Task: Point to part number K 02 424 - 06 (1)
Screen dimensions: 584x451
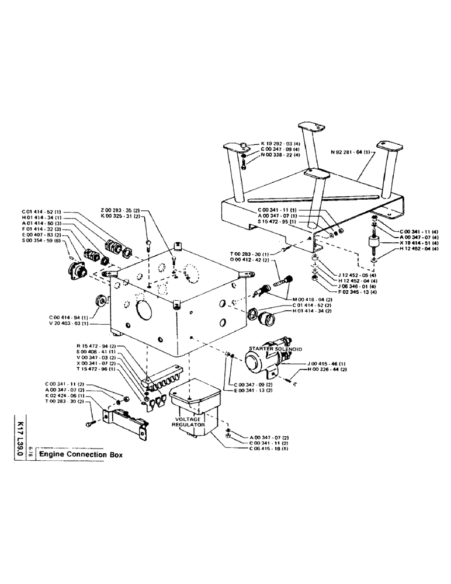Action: [x=65, y=397]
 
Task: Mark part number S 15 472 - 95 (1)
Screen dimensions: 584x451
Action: [x=277, y=222]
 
